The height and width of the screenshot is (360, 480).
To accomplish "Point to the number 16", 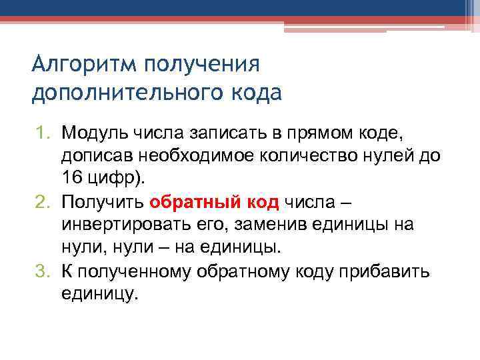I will pos(73,178).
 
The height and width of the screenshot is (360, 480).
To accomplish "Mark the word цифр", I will pos(111,179).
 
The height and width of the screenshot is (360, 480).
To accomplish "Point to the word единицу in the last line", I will pos(99,295).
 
